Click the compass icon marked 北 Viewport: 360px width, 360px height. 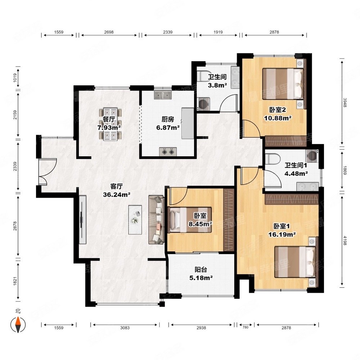tap(18, 324)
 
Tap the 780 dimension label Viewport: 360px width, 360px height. tap(246, 327)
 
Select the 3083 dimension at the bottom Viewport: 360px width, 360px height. tap(125, 328)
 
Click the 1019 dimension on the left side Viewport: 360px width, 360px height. tap(15, 78)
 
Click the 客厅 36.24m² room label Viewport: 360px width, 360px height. tap(117, 190)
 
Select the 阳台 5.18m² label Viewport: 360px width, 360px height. tap(201, 274)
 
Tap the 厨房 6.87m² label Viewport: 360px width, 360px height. tap(168, 123)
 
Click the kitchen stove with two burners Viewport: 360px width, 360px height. tap(168, 152)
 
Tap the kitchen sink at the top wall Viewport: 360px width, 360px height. tap(163, 95)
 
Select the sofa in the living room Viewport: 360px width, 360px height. tap(156, 220)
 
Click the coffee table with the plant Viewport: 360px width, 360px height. tap(135, 220)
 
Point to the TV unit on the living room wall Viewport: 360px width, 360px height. tap(82, 220)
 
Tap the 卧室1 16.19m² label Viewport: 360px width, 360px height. tap(282, 230)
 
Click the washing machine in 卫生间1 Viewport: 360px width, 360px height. tap(312, 156)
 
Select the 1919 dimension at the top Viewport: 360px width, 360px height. tap(218, 32)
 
